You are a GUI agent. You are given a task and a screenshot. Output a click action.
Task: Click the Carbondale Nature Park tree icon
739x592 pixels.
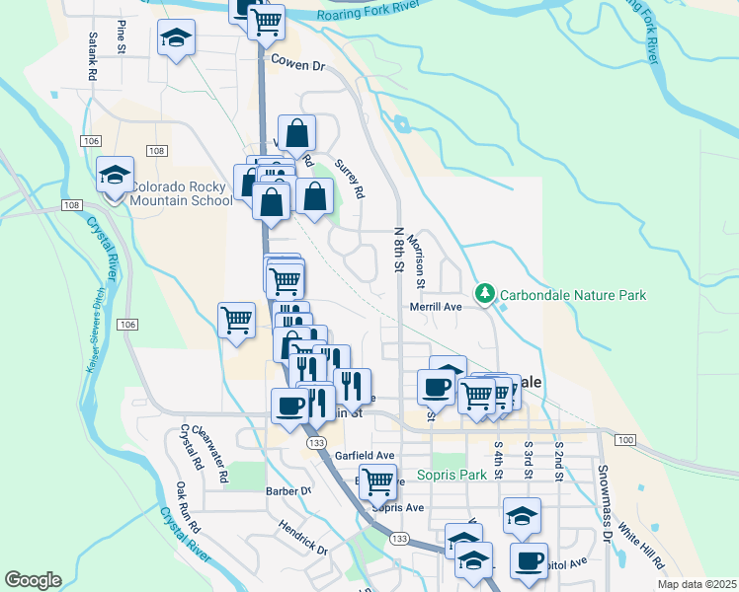click(484, 293)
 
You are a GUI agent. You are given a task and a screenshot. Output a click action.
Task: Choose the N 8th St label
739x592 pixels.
click(399, 250)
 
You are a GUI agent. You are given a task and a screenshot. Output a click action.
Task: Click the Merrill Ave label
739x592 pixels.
click(437, 307)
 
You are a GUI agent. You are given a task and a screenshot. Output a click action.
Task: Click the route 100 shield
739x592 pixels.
click(623, 437)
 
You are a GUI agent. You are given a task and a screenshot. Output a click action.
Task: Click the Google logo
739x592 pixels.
click(33, 580)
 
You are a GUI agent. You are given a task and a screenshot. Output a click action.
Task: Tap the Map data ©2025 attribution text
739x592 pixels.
click(696, 585)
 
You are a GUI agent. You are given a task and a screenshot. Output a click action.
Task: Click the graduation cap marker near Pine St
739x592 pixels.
click(178, 39)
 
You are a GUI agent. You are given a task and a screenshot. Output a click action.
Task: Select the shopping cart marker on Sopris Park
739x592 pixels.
click(376, 481)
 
